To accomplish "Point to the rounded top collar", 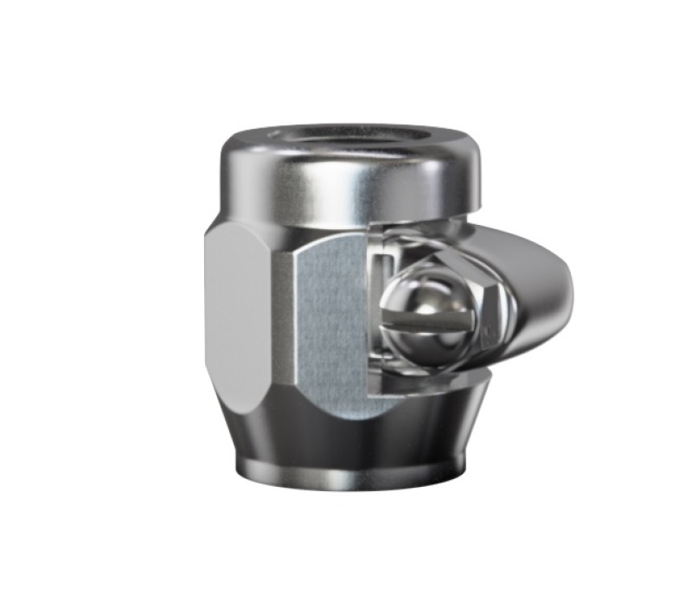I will [x=346, y=177].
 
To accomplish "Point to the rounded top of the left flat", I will [x=247, y=227].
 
